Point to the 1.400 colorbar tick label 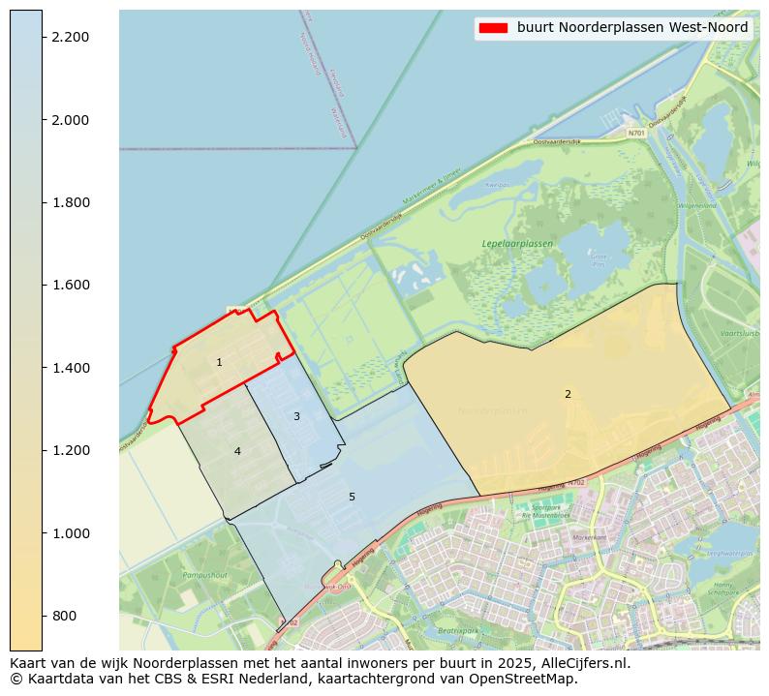(70, 368)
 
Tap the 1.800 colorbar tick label (70, 202)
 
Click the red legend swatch (493, 28)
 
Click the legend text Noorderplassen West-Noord (632, 28)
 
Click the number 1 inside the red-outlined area (219, 363)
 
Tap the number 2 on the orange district (568, 394)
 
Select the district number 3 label (296, 416)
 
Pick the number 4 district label (237, 451)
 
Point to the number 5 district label (352, 497)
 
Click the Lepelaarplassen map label (517, 244)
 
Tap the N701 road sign (635, 133)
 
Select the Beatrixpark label (459, 630)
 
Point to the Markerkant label (589, 537)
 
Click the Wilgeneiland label (696, 206)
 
